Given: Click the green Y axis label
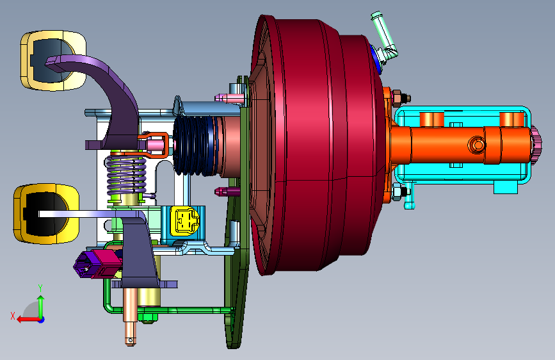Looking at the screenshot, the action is [x=40, y=288].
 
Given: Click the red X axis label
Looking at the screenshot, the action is [x=13, y=316].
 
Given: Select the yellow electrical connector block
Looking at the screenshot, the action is [x=184, y=221].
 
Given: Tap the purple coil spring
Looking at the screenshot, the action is [x=126, y=175].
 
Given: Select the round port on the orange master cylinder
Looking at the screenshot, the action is [x=477, y=145].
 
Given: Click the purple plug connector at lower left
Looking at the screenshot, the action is [x=85, y=265].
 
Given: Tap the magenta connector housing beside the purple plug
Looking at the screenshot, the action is [x=106, y=263].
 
